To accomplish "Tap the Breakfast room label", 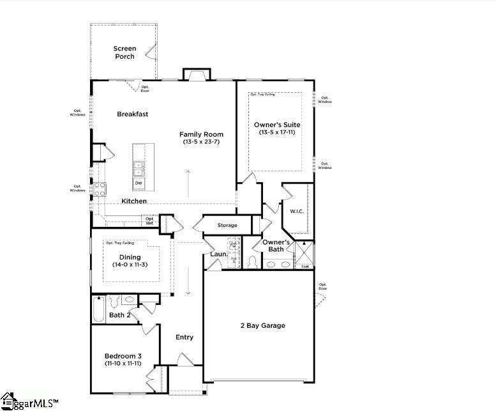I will coord(132,114).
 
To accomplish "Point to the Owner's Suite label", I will coord(276,125).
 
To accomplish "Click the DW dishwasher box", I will coord(139,183).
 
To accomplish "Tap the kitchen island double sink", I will coord(139,168).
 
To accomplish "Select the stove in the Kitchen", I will coord(100,189).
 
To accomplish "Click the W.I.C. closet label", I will coord(296,212).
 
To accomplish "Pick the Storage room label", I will coord(227,225).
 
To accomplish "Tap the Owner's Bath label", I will coord(277,245).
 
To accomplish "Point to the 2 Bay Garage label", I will coord(262,325).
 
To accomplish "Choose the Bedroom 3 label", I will coord(124,355).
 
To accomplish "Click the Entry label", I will coord(184,337).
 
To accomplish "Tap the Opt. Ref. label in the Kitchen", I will coord(149,221).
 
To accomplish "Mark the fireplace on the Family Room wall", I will coord(196,74).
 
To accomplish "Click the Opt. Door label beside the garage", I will coord(322,286).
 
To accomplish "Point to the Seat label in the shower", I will coord(305,266).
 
